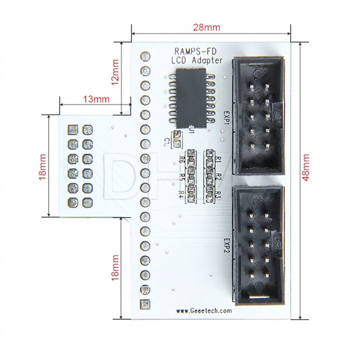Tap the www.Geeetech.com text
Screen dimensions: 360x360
pos(203,310)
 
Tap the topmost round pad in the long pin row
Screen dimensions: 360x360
pos(145,57)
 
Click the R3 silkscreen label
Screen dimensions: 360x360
pos(217,194)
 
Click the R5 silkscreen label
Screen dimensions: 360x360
pos(182,177)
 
